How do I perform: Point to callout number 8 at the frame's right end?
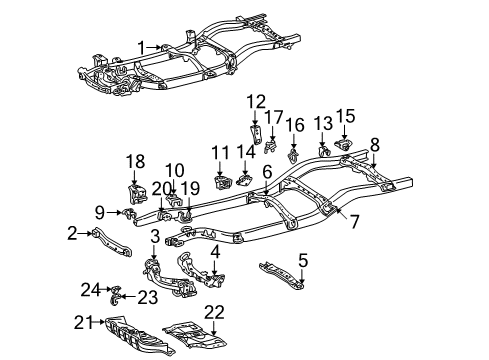click(x=375, y=143)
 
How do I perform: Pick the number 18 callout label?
click(x=135, y=160)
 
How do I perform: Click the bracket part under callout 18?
click(x=135, y=192)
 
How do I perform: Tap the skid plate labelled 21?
click(x=150, y=328)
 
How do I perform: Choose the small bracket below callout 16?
click(x=292, y=155)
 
